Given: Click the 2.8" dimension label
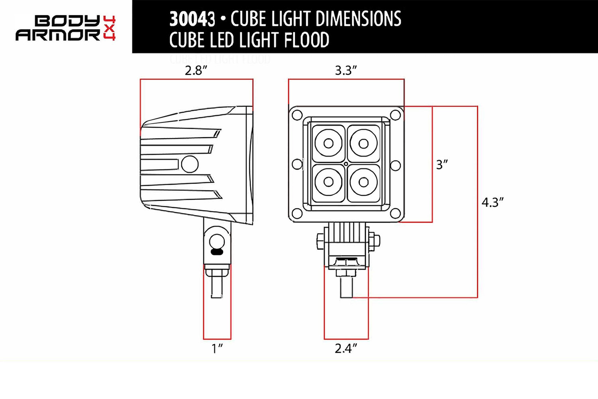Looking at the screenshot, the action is (196, 71).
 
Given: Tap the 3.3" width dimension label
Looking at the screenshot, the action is (346, 71).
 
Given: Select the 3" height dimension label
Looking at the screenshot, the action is (442, 165).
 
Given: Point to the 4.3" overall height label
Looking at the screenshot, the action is (492, 202).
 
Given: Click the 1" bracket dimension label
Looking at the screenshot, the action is (217, 348).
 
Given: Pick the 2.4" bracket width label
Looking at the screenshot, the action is (346, 348).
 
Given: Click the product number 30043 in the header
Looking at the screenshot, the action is (192, 19).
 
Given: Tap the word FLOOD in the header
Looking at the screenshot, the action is (307, 40).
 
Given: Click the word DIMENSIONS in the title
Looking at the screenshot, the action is (358, 19).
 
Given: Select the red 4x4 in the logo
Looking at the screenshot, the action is (109, 28).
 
